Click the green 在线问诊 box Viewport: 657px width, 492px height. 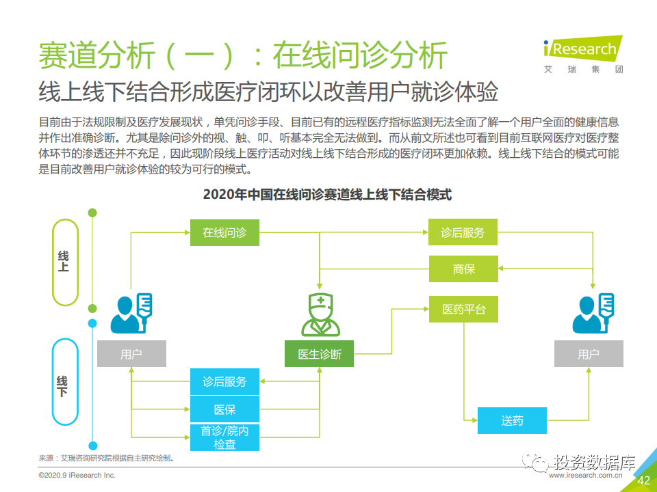(224, 232)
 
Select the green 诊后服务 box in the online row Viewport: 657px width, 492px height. (463, 232)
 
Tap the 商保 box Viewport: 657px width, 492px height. (463, 269)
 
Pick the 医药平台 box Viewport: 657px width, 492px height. (463, 309)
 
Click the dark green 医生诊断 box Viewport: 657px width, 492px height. (320, 354)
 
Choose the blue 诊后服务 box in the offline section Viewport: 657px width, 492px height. (224, 381)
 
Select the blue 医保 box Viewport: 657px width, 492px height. (224, 409)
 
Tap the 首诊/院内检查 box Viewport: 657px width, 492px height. (224, 437)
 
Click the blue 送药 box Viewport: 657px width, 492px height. (512, 420)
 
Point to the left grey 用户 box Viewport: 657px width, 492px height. (131, 354)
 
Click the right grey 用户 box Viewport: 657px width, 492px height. (589, 354)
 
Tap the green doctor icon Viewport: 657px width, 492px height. (320, 314)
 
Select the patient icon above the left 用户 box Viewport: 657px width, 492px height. (131, 314)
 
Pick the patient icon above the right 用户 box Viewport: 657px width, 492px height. (593, 314)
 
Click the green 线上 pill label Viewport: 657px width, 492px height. (66, 262)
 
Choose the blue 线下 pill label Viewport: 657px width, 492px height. (66, 382)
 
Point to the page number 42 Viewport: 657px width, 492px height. (643, 480)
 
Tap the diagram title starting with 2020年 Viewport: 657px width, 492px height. (327, 195)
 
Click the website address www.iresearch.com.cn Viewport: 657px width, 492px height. (585, 476)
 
